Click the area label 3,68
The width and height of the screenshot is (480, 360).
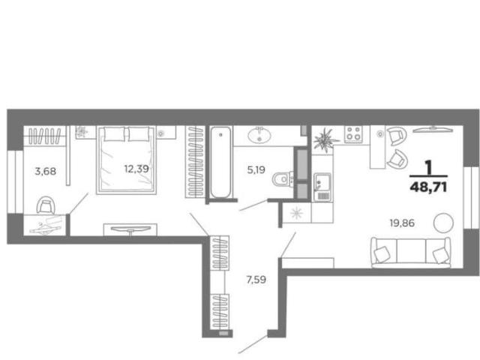pos(46,171)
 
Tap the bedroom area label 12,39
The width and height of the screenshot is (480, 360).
pos(136,169)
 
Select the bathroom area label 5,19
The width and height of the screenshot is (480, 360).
pos(256,169)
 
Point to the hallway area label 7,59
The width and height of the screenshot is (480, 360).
pos(256,280)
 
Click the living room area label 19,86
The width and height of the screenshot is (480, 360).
pos(402,223)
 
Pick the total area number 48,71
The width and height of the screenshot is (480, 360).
pos(428,187)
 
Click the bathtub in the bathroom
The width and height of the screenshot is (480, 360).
pos(220,162)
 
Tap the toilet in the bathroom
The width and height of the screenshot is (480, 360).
pos(283,179)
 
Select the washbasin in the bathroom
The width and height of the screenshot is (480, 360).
pos(259,135)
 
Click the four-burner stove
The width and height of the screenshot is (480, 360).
pos(353,134)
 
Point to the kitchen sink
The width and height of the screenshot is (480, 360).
pos(322,187)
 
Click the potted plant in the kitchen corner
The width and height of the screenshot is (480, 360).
pos(325,140)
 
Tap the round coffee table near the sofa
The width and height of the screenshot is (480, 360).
pos(443,223)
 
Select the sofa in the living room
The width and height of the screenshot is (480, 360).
pos(411,252)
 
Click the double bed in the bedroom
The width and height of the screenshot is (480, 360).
pos(127,160)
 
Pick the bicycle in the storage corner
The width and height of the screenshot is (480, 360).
pos(46,226)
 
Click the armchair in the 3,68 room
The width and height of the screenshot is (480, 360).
pos(46,205)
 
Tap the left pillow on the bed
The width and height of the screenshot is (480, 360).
pos(114,134)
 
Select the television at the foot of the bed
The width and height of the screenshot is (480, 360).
pos(130,229)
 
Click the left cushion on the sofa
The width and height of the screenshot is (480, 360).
pos(382,254)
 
